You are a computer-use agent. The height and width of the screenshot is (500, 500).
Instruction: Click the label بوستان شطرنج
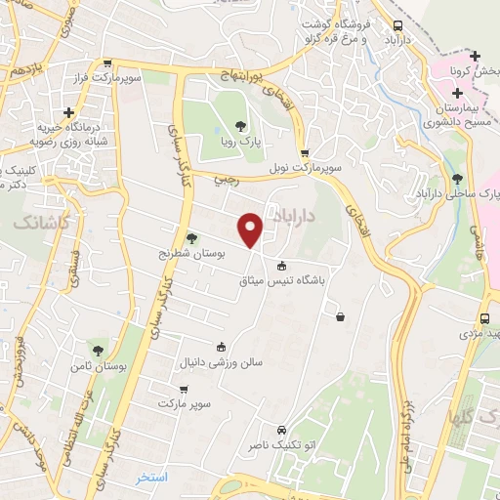[x=193, y=252]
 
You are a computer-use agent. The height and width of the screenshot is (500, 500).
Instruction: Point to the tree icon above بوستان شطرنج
[x=191, y=237]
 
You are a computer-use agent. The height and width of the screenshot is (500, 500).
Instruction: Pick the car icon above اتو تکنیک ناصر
[x=281, y=430]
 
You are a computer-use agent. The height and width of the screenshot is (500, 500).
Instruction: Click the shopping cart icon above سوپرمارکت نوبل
[x=305, y=153]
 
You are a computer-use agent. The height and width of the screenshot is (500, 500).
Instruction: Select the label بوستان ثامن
[x=97, y=364]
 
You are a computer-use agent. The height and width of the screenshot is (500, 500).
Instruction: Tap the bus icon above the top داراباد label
[x=397, y=26]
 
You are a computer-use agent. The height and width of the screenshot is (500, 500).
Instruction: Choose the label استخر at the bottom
[x=153, y=478]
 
